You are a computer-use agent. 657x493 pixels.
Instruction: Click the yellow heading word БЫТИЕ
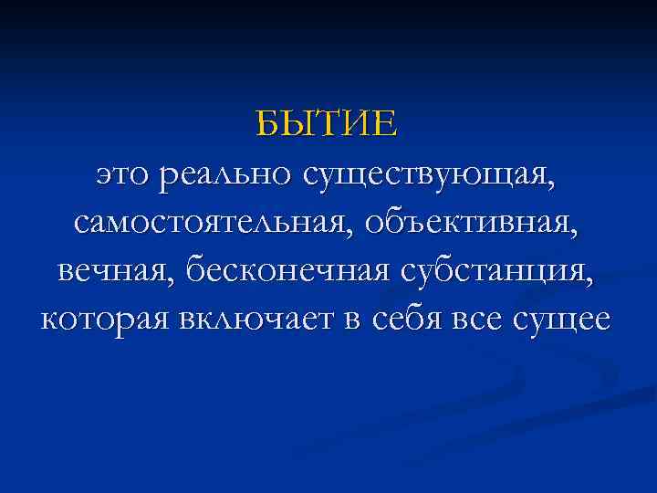(328, 122)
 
